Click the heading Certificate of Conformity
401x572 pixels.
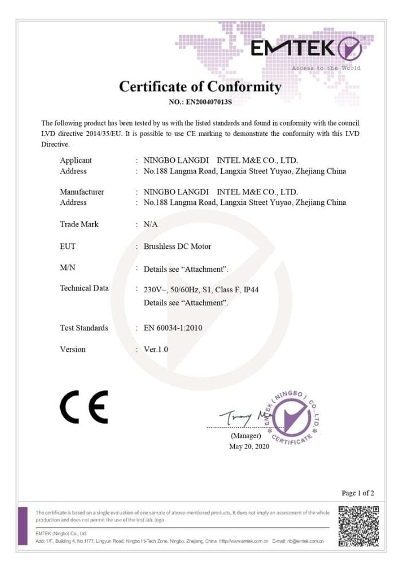200,86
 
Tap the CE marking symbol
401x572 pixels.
84,407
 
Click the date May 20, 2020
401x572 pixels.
249,446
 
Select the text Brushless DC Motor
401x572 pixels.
177,247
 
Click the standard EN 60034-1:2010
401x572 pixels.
173,328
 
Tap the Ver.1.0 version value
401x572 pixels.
156,349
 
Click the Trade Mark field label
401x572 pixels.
79,224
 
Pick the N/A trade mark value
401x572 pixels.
151,224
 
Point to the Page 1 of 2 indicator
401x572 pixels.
358,492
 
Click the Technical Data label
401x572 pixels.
84,288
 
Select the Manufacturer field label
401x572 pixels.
82,192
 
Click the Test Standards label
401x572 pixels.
84,328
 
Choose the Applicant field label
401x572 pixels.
76,160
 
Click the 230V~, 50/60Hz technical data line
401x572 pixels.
201,290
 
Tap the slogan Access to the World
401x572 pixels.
326,68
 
